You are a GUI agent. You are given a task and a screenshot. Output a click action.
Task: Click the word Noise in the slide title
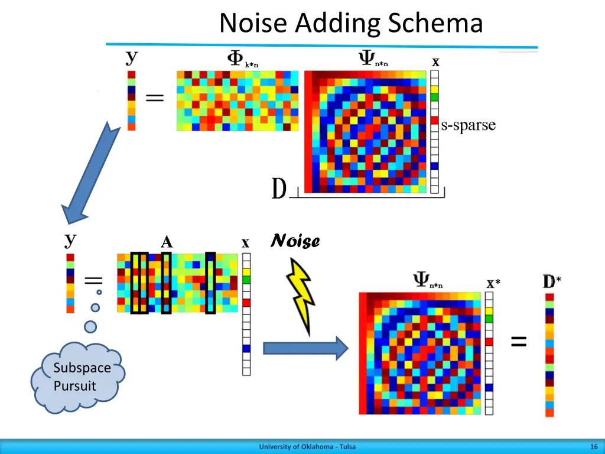point(255,24)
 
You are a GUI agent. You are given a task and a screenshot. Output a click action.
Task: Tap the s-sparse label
point(468,125)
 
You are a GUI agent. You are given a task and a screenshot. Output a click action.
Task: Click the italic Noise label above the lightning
point(295,241)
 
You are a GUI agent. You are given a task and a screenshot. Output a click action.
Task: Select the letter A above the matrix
point(167,242)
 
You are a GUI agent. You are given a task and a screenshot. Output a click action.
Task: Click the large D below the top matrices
point(279,189)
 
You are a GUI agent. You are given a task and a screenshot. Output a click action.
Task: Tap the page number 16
point(593,447)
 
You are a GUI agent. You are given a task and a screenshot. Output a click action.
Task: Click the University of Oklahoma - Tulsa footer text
point(307,447)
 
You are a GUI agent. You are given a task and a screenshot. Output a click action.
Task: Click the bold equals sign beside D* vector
point(519,340)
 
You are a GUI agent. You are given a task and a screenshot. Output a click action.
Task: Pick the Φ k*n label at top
point(242,59)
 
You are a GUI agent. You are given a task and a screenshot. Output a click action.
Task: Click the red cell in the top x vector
point(435,121)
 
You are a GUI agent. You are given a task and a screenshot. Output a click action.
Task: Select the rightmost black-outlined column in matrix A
point(210,282)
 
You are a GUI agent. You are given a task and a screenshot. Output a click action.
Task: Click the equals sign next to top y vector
point(155,99)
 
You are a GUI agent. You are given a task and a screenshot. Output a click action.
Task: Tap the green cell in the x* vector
point(489,319)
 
